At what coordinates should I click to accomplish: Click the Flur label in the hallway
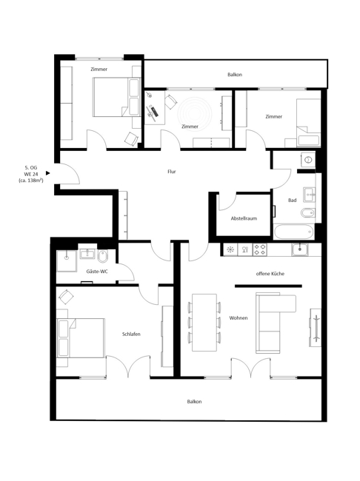[x=172, y=172]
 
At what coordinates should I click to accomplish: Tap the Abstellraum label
[x=244, y=218]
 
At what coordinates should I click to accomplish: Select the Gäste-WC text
[x=97, y=272]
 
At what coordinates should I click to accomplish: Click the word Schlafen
[x=131, y=334]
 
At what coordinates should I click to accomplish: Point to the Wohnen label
[x=239, y=317]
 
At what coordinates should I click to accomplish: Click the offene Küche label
[x=270, y=274]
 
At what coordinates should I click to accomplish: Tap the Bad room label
[x=292, y=200]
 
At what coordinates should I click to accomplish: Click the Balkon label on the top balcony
[x=235, y=75]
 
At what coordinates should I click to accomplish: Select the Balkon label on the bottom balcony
[x=194, y=402]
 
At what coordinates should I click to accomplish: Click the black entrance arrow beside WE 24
[x=48, y=173]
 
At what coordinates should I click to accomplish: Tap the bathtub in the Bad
[x=293, y=232]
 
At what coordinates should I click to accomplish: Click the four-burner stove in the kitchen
[x=259, y=249]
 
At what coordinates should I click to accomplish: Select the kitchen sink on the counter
[x=300, y=249]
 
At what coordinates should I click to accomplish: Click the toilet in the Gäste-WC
[x=103, y=256]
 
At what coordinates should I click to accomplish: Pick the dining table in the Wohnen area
[x=204, y=323]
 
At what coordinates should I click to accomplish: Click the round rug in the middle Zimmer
[x=196, y=114]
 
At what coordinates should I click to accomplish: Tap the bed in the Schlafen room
[x=81, y=337]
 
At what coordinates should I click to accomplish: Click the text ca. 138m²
[x=30, y=181]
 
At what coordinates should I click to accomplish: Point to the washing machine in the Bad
[x=308, y=160]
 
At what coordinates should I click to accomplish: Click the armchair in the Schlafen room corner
[x=66, y=296]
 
